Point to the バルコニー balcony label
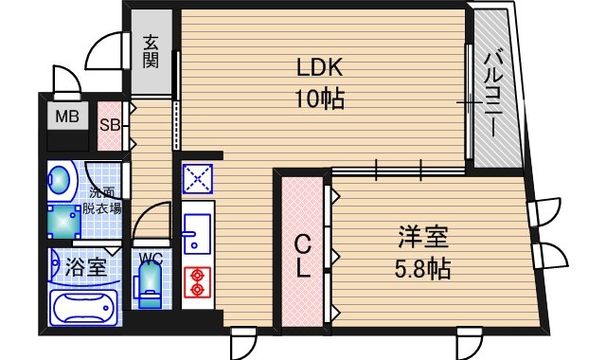[492, 95]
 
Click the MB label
[66, 117]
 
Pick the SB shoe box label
[109, 124]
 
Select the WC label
[151, 257]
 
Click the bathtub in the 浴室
[81, 308]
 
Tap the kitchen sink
[199, 229]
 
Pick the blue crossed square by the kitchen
[199, 177]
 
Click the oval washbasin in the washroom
[62, 180]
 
